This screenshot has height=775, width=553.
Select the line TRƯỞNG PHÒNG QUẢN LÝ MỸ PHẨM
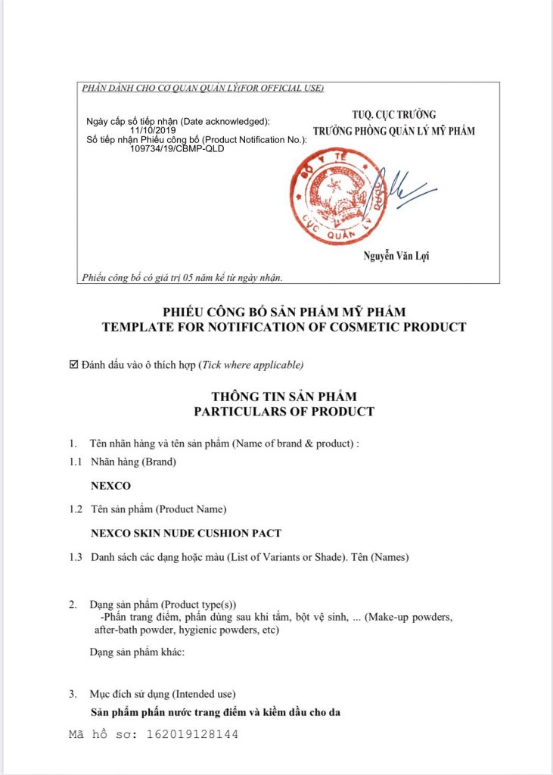coord(394,131)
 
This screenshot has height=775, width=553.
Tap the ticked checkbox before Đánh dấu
coord(73,365)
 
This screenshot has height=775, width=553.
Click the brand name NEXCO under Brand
coord(110,485)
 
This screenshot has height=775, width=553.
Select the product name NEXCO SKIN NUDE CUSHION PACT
coord(197,534)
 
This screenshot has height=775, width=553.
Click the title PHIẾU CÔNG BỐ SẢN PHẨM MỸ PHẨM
coord(284,312)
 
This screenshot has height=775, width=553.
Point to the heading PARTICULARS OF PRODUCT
coord(284,412)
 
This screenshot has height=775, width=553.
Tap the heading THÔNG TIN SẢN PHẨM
coord(284,397)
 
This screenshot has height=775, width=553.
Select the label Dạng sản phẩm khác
coord(137,652)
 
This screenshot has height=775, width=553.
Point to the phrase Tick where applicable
coord(251,366)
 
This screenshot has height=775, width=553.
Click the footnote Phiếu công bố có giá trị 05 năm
coord(182,278)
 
